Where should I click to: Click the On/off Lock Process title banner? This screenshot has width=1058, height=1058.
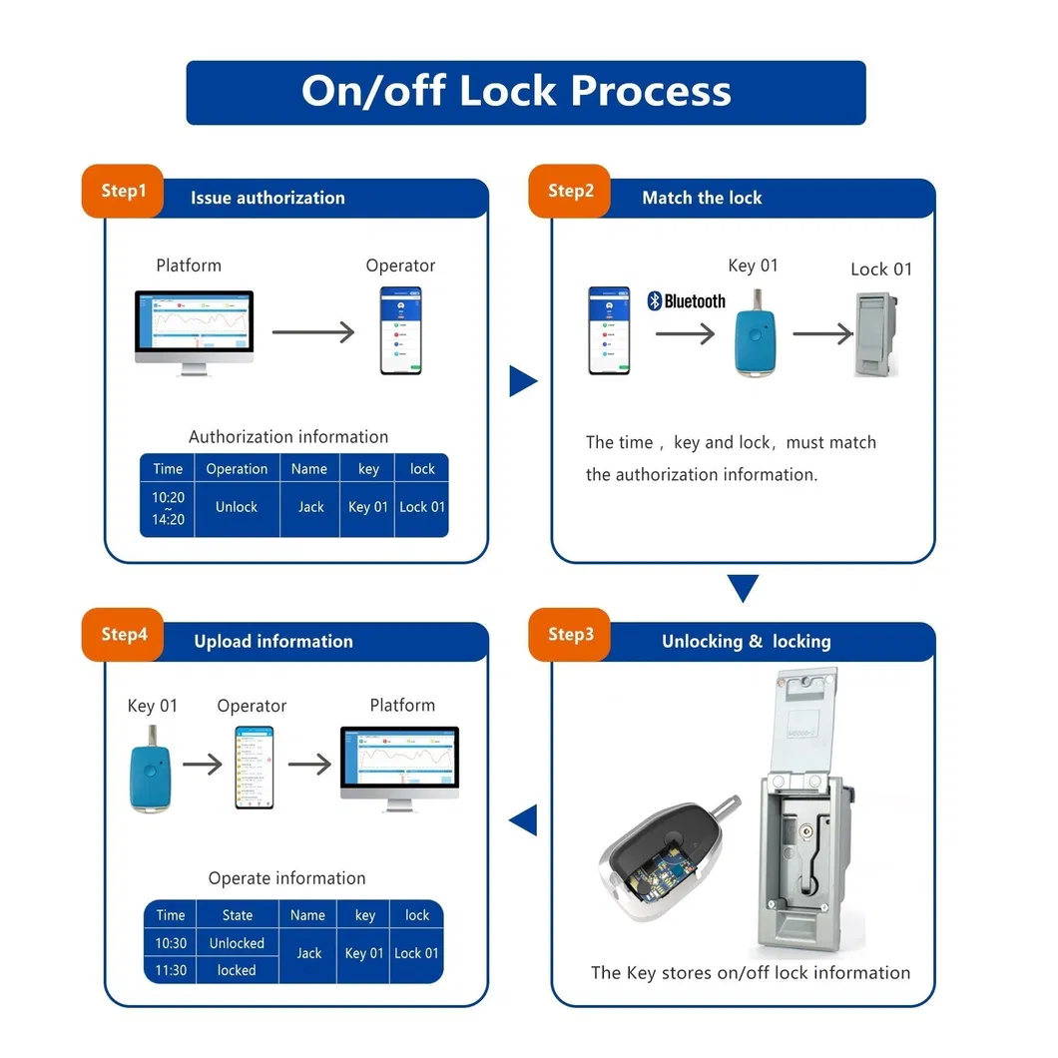pyautogui.click(x=526, y=92)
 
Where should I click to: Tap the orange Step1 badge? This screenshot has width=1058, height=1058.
pyautogui.click(x=123, y=191)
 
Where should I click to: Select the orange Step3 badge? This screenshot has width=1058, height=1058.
pyautogui.click(x=570, y=635)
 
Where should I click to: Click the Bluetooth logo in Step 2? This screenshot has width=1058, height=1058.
pyautogui.click(x=687, y=301)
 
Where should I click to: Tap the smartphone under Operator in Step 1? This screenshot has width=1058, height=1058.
pyautogui.click(x=400, y=330)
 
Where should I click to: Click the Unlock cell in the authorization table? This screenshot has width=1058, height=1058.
pyautogui.click(x=237, y=507)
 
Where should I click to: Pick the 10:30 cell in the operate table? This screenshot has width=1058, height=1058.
pyautogui.click(x=171, y=943)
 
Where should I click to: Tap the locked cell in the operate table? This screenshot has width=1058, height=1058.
pyautogui.click(x=237, y=970)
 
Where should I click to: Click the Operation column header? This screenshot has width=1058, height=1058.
pyautogui.click(x=237, y=469)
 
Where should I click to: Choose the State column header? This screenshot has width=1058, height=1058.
pyautogui.click(x=238, y=915)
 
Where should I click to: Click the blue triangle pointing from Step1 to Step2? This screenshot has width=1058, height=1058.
pyautogui.click(x=522, y=380)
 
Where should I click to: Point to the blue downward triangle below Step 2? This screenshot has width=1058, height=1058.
pyautogui.click(x=743, y=588)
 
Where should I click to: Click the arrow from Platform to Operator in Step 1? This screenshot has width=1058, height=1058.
pyautogui.click(x=313, y=332)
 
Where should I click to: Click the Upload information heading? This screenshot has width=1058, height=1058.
pyautogui.click(x=273, y=642)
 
